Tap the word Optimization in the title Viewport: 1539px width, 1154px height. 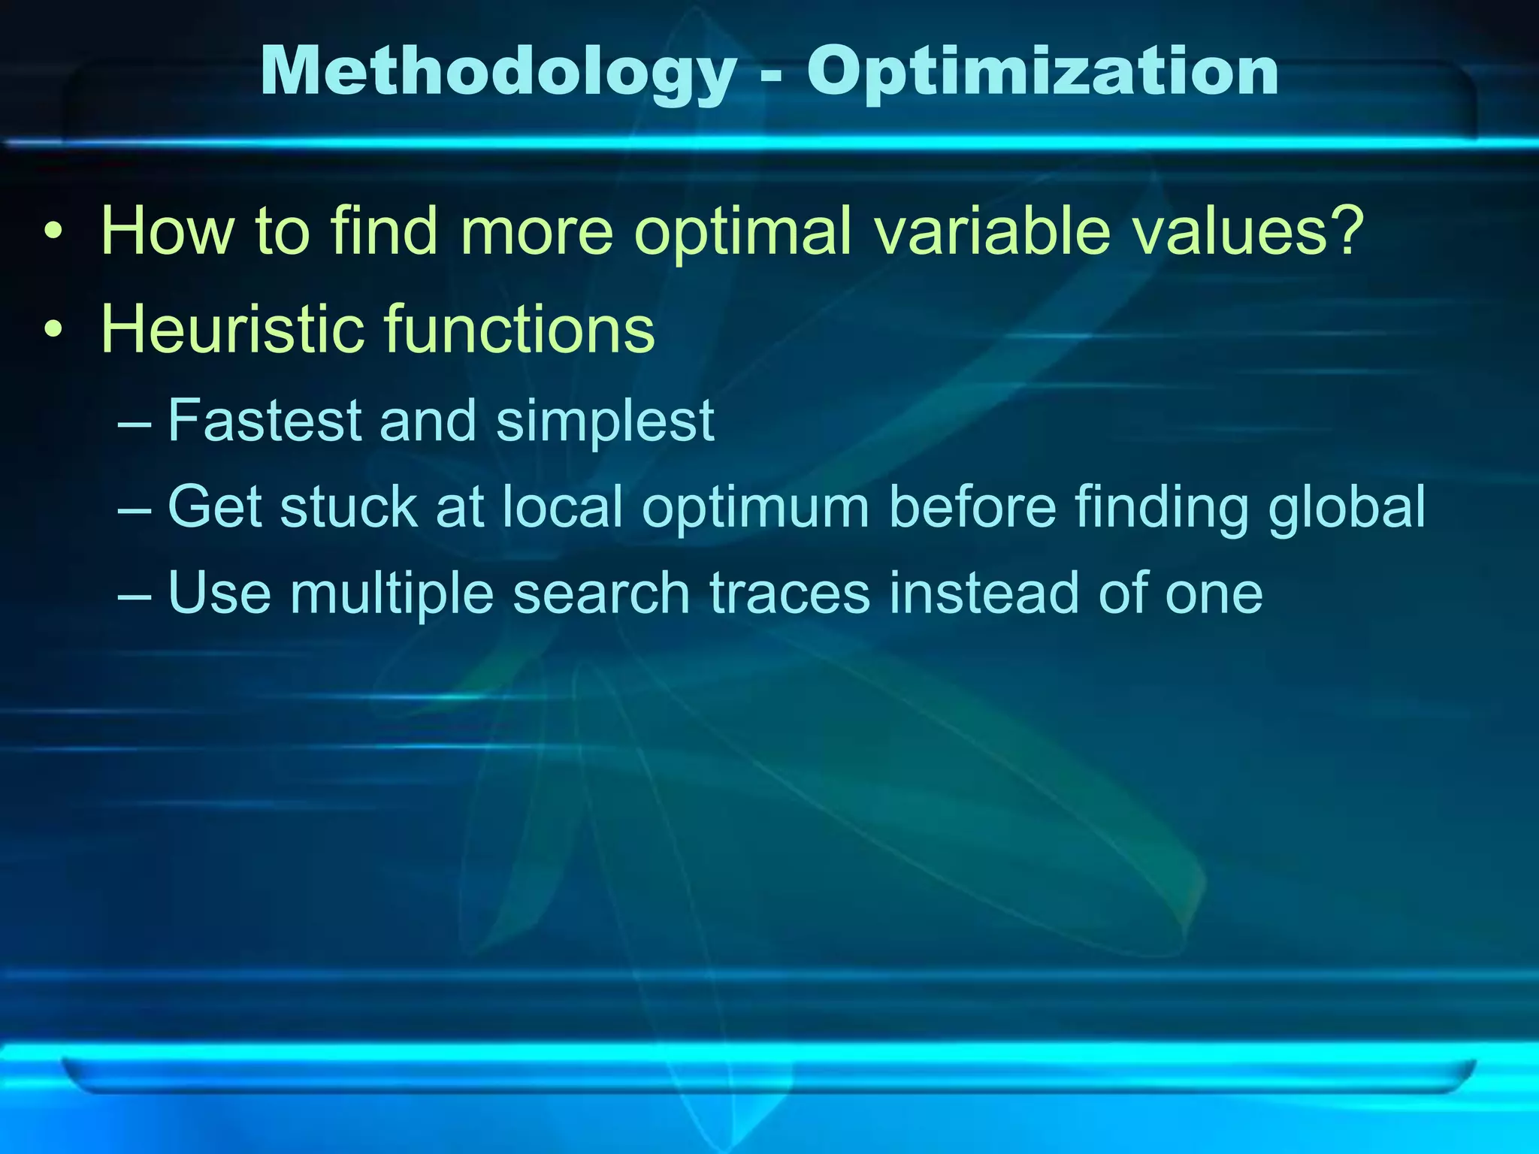(x=1042, y=73)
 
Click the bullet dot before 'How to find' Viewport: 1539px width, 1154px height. (x=52, y=232)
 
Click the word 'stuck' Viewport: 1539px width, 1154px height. (x=349, y=507)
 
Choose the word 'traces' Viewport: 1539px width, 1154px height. (x=790, y=594)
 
